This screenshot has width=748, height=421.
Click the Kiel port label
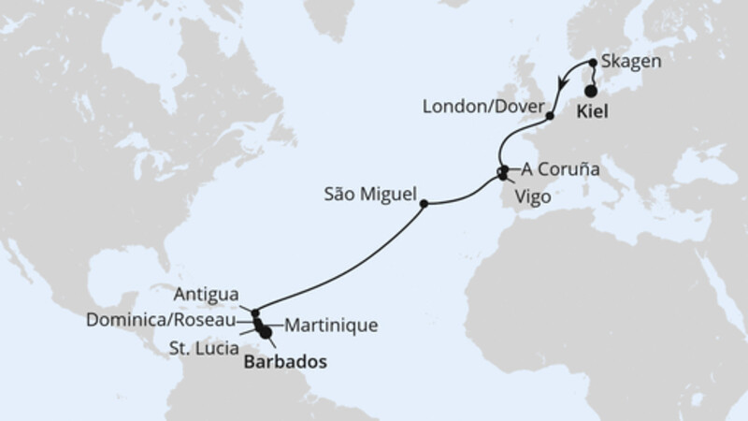point(593,109)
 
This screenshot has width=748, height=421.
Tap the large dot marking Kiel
point(591,92)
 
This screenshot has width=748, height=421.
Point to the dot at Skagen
point(593,64)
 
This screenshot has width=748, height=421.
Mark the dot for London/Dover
point(551,116)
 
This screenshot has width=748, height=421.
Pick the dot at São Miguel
point(424,203)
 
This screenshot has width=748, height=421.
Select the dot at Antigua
point(253,312)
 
